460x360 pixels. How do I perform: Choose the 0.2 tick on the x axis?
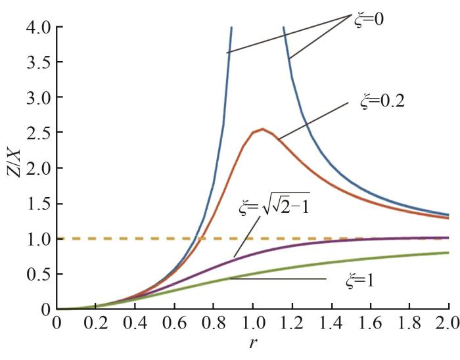click(x=97, y=324)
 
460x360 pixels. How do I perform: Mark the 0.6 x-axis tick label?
click(x=175, y=324)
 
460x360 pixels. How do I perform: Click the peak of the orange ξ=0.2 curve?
click(x=262, y=129)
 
